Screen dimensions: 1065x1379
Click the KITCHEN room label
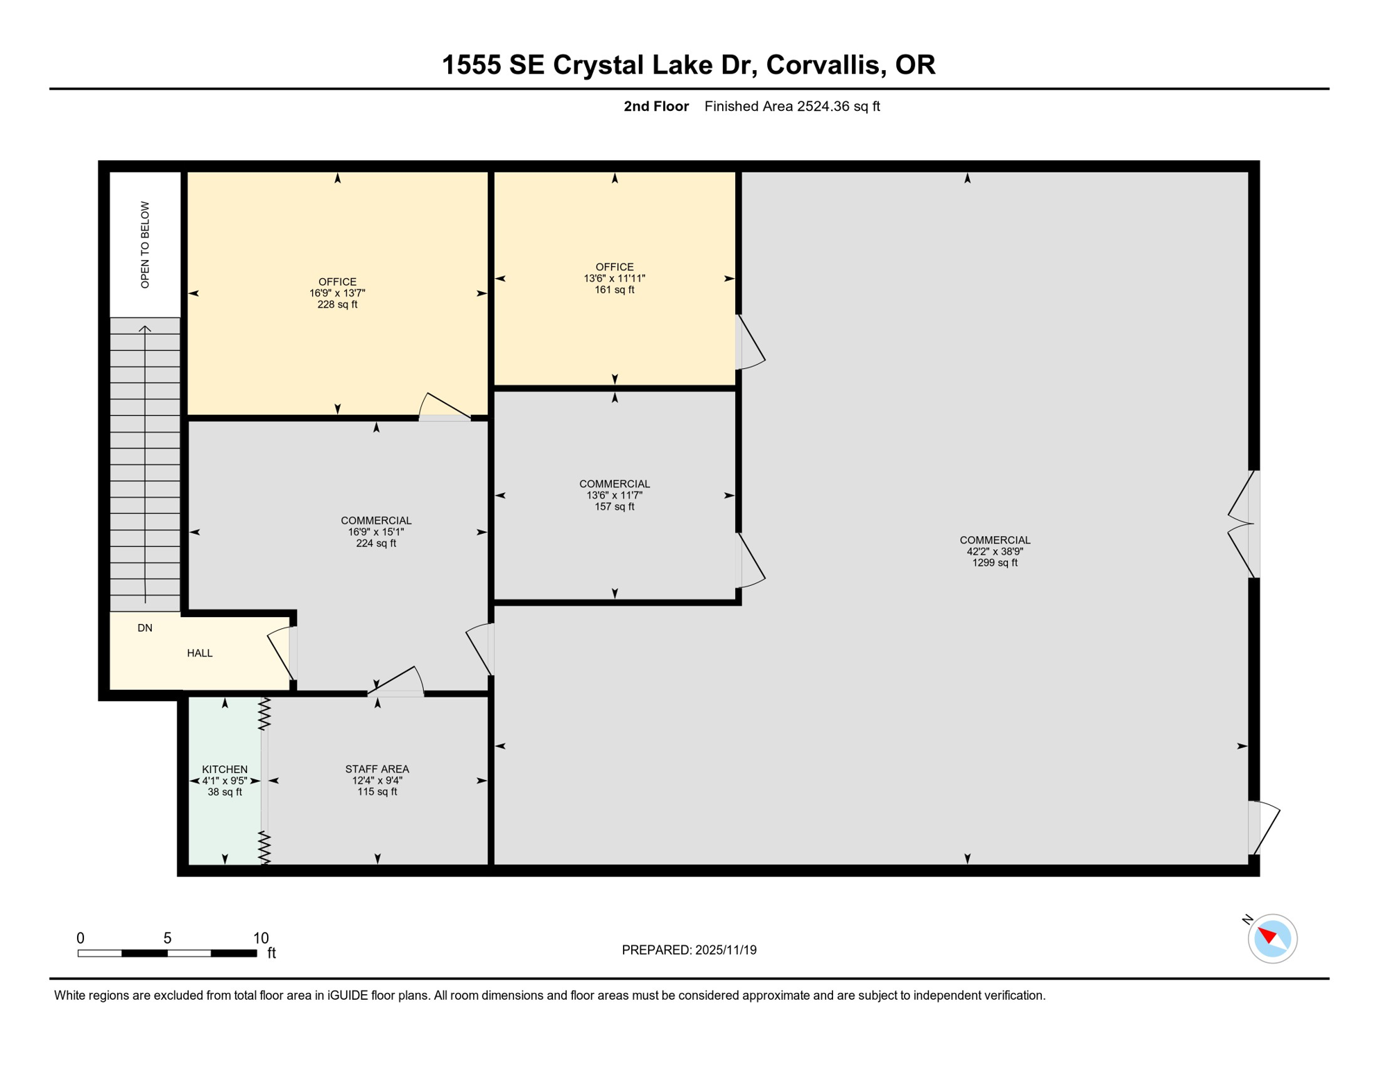(x=225, y=769)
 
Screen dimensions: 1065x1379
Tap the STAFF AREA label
(x=377, y=769)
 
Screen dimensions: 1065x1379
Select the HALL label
(x=200, y=653)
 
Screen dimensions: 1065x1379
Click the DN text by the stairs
(x=145, y=628)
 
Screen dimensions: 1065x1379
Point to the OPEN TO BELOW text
(x=145, y=245)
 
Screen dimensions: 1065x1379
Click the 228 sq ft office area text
(x=337, y=304)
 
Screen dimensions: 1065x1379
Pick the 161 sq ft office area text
(x=614, y=290)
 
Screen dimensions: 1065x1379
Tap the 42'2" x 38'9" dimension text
(x=995, y=551)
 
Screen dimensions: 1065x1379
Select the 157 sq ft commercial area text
(x=614, y=507)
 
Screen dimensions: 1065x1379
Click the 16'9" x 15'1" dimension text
(x=376, y=532)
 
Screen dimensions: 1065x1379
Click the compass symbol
(x=1272, y=939)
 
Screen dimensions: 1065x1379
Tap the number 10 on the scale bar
(x=261, y=938)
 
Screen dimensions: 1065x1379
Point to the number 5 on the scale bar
(x=167, y=938)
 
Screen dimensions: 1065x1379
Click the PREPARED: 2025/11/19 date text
(x=689, y=950)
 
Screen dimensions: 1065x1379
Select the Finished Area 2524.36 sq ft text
(x=791, y=106)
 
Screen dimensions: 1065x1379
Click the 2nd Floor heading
(x=656, y=106)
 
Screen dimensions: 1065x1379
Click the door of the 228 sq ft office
(x=445, y=408)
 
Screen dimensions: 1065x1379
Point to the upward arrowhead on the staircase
(x=145, y=329)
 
